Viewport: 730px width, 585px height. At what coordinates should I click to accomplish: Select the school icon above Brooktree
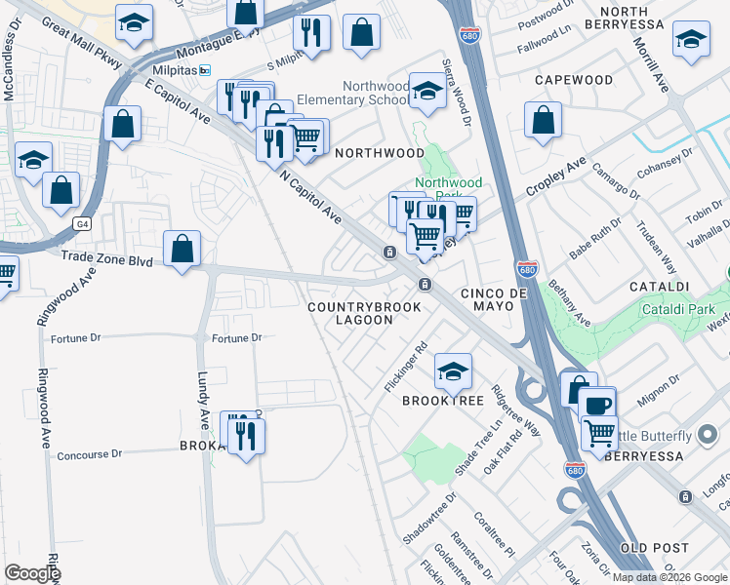[453, 370]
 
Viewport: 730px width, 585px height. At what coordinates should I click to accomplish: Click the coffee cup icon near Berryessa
[597, 404]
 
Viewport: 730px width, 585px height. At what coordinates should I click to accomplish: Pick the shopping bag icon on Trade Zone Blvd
[182, 250]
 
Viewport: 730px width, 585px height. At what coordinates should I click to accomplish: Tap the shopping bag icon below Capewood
[543, 122]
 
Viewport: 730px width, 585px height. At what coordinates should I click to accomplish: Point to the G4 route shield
[81, 224]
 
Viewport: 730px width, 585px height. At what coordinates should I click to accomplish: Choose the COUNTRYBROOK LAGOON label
[364, 313]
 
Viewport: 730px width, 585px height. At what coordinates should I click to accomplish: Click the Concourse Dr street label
[89, 454]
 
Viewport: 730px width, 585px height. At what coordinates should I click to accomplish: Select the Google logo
[32, 573]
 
